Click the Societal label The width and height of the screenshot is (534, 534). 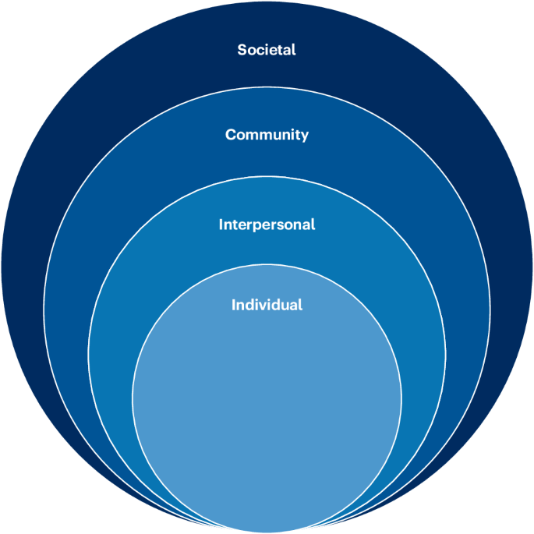(x=267, y=50)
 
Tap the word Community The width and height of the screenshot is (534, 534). (x=267, y=135)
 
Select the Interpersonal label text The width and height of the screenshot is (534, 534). (x=267, y=225)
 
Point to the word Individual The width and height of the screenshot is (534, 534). (x=267, y=305)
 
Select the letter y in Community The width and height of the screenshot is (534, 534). (x=304, y=136)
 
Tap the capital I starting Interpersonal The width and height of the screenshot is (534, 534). (x=221, y=225)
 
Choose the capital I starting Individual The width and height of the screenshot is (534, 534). (x=234, y=305)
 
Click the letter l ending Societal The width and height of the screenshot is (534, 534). (x=294, y=50)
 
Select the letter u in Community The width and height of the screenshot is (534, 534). (x=281, y=135)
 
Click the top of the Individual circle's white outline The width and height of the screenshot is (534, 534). (x=267, y=265)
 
